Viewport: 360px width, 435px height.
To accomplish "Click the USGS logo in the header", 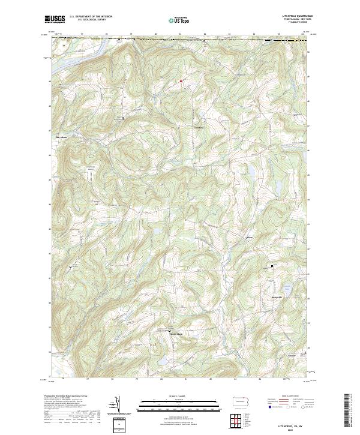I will tap(55, 19).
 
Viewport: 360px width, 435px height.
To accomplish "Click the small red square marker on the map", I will tap(179, 81).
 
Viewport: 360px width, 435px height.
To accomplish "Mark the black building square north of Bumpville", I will tap(271, 266).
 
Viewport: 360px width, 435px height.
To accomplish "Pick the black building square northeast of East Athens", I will tap(124, 118).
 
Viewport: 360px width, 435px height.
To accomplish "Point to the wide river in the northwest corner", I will tap(66, 46).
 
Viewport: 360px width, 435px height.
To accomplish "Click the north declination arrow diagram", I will tap(116, 405).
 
